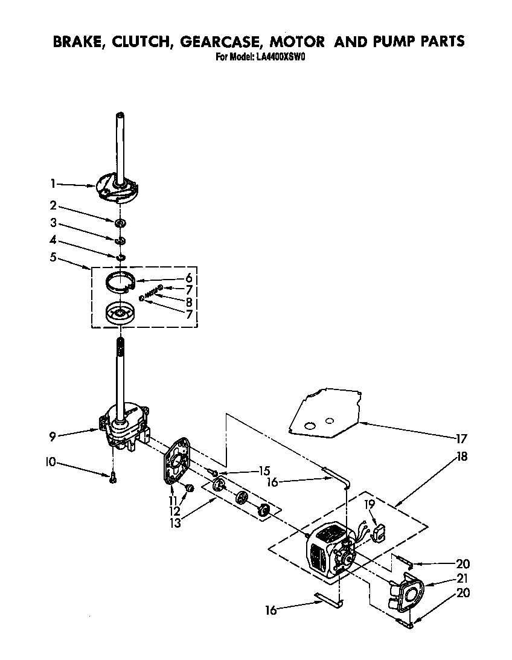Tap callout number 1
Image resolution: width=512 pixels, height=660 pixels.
pos(53,183)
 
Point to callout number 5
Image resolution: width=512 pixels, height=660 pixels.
pos(53,257)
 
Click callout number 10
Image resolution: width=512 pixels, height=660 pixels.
pos(51,463)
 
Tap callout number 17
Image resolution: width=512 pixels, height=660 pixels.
pos(461,439)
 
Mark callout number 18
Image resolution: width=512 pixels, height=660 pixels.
pos(461,457)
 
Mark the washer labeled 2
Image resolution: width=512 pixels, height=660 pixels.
pos(121,224)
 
